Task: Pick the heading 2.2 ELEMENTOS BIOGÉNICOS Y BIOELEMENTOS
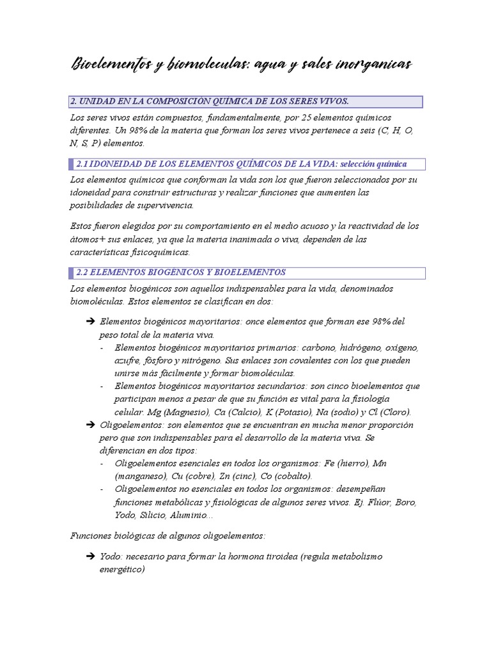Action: tap(181, 272)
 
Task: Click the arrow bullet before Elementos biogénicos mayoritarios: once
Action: tap(90, 321)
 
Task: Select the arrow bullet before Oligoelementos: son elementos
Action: tap(90, 425)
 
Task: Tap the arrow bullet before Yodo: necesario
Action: tap(90, 556)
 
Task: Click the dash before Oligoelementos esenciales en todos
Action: tap(103, 464)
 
